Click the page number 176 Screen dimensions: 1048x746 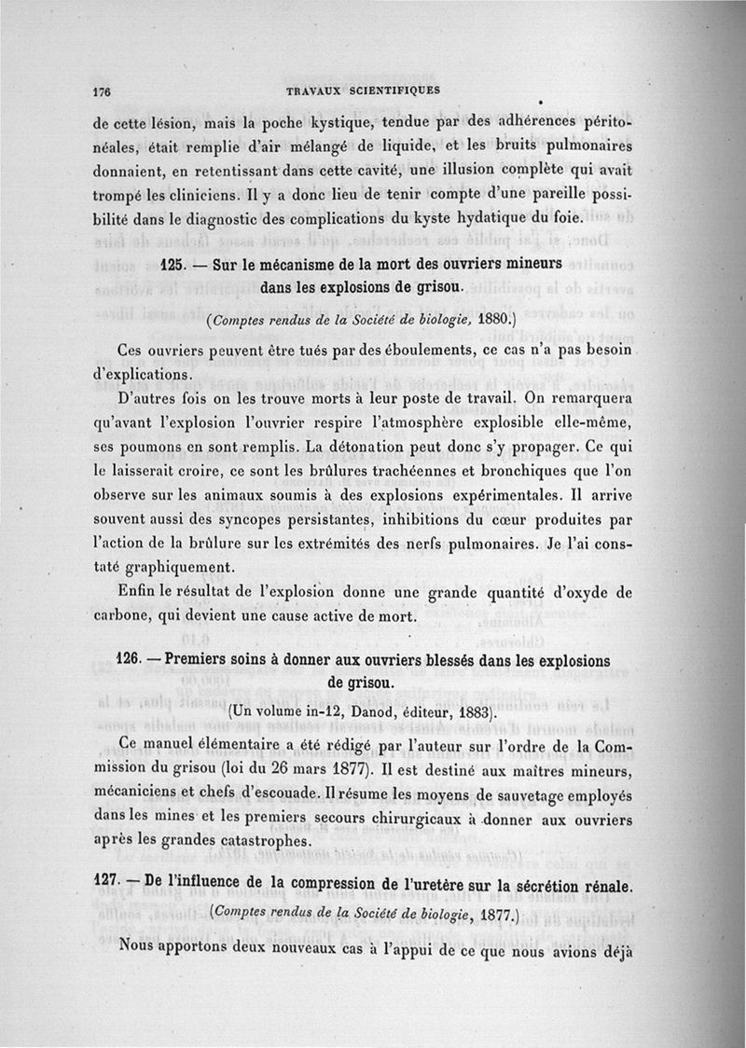pos(103,92)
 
